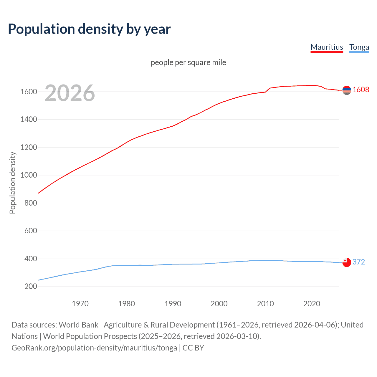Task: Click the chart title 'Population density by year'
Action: (89, 29)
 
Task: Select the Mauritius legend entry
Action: (327, 47)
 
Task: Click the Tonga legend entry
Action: (359, 47)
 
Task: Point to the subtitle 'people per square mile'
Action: (188, 62)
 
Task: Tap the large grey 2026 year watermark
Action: (70, 93)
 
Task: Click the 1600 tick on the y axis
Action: (29, 92)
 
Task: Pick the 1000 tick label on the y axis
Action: (29, 175)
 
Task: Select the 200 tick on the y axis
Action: (31, 286)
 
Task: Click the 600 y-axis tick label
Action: (31, 231)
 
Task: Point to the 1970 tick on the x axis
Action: (80, 304)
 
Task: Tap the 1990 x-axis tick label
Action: (173, 304)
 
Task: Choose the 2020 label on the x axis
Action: (312, 304)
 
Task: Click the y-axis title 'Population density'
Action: (12, 183)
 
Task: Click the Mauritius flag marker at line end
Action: (347, 90)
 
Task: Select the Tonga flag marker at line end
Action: (347, 262)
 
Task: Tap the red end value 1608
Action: (361, 90)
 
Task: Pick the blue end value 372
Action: (359, 262)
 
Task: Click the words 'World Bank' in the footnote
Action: (78, 325)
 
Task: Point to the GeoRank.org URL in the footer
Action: (94, 348)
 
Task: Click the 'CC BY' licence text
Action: (193, 348)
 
